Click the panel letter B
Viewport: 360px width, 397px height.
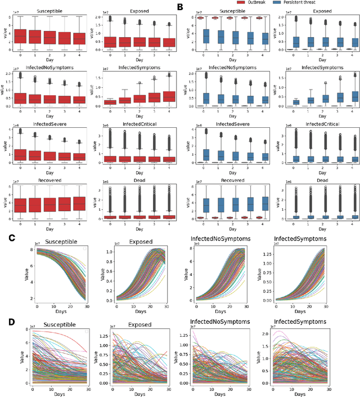[181, 8]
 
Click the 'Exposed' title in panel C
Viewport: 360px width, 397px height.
[136, 240]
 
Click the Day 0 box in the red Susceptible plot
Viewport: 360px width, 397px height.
[20, 37]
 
